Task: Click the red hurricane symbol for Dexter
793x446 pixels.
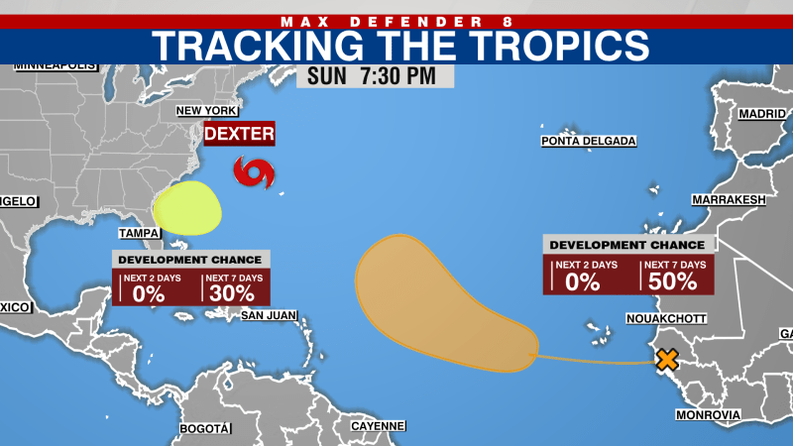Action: point(254,173)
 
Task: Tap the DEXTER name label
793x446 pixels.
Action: point(238,134)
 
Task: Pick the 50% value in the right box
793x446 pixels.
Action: point(679,280)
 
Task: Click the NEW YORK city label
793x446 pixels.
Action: point(207,110)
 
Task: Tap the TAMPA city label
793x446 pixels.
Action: point(140,233)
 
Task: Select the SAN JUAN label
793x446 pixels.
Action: point(269,316)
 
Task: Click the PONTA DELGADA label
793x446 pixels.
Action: point(588,141)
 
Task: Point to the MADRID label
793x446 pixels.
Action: point(761,114)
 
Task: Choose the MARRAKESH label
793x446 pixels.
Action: point(730,199)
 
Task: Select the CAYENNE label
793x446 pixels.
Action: point(378,426)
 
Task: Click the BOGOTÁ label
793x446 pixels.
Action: point(204,428)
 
